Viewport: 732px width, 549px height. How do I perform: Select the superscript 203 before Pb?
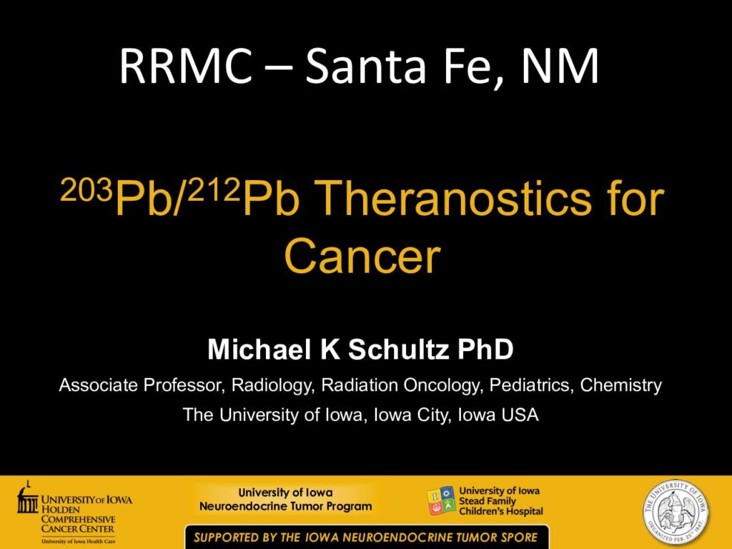click(x=86, y=189)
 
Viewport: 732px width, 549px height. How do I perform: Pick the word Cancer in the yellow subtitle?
click(x=362, y=256)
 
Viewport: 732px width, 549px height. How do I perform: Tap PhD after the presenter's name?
click(x=485, y=349)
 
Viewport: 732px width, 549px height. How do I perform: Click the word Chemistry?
click(x=621, y=386)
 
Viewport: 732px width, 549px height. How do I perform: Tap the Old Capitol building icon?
click(x=27, y=498)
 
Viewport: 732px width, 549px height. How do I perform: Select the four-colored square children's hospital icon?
click(x=441, y=501)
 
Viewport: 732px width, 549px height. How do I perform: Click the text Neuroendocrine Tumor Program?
click(x=286, y=507)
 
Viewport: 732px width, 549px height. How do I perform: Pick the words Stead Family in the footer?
click(x=488, y=501)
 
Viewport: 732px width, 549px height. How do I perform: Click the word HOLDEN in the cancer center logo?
click(x=61, y=510)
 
